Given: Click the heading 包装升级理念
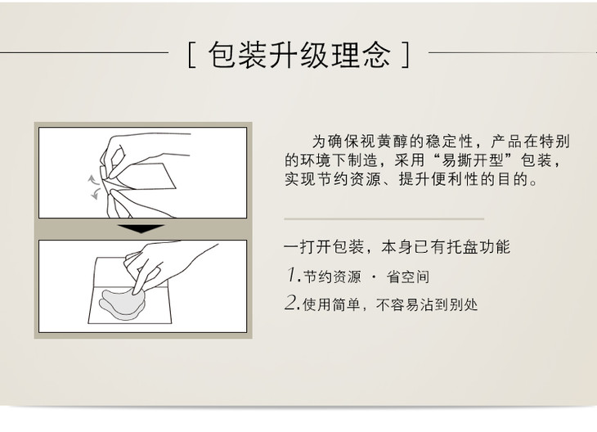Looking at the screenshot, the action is (x=299, y=55).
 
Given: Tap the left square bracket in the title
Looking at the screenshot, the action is (x=192, y=56).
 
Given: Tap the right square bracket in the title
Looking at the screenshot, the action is (x=406, y=55).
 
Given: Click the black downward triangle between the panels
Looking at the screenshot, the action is (x=141, y=228).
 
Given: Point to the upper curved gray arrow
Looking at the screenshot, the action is (x=92, y=179).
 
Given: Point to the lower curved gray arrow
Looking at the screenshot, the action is (x=95, y=194).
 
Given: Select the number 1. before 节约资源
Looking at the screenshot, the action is (x=294, y=275).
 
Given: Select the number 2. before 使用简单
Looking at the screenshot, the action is (x=293, y=303).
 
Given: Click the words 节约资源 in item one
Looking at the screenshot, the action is (x=332, y=277).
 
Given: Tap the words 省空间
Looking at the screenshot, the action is (x=408, y=277).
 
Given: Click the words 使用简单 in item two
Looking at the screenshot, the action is (x=331, y=304).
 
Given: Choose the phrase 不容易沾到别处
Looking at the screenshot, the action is (x=427, y=304).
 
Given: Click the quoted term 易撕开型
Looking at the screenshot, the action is (x=472, y=160).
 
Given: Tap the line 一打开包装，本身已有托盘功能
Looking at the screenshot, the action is (x=397, y=247).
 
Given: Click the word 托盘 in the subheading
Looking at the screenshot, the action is (x=462, y=247).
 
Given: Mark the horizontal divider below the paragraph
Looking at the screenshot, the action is (x=384, y=219).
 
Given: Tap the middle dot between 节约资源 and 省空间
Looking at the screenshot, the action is (x=374, y=277).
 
